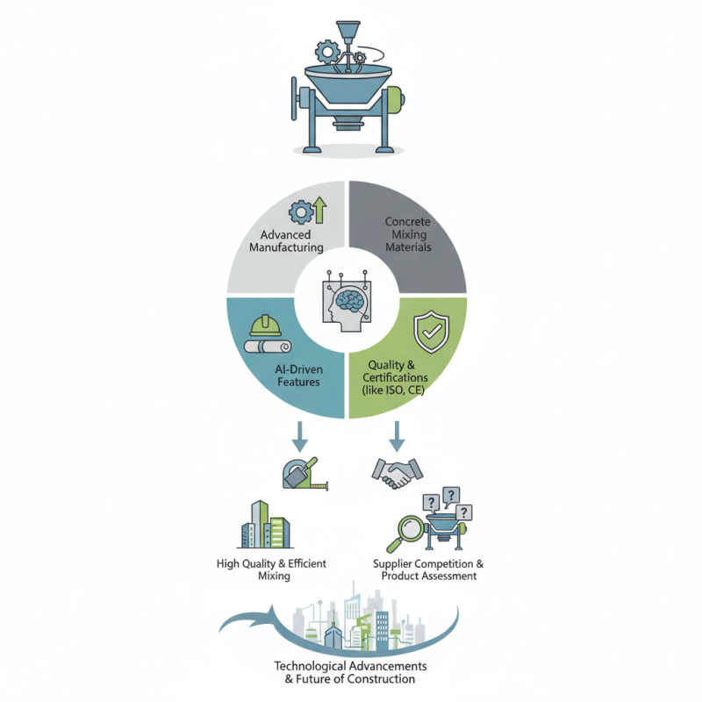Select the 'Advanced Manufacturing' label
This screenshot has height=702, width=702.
(286, 241)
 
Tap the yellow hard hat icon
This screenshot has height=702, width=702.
(264, 326)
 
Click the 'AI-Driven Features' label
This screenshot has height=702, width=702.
(282, 375)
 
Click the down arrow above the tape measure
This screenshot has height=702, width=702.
(301, 433)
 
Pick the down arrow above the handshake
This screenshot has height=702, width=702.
(397, 433)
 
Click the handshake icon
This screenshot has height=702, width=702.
(397, 474)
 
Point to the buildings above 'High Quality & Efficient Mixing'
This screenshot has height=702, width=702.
(265, 524)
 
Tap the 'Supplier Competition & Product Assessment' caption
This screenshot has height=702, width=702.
(428, 569)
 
